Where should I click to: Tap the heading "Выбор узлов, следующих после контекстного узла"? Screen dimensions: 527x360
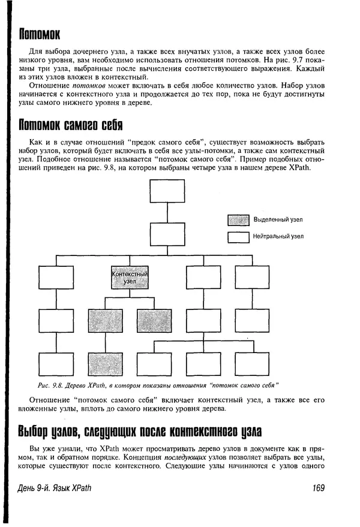140,431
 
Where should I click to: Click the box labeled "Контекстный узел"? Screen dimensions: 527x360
130,278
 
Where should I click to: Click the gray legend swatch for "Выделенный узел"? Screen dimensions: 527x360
238,220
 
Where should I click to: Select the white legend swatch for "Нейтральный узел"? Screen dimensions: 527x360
238,237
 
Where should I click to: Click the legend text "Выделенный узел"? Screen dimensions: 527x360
278,220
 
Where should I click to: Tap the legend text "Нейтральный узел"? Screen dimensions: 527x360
278,237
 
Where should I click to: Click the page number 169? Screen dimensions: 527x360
318,488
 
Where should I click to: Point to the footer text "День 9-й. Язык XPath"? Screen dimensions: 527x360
55,488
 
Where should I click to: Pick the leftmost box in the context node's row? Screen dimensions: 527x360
56,278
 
